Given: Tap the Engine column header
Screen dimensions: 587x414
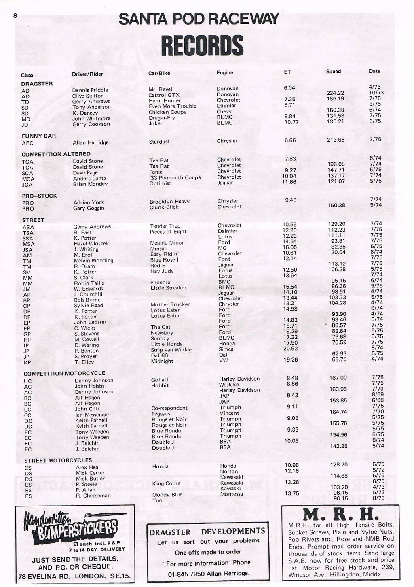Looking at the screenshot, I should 225,72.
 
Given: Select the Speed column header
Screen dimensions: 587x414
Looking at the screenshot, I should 334,71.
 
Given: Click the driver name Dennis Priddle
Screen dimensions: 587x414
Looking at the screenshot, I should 90,90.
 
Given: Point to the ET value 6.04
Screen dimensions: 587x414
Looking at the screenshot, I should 289,87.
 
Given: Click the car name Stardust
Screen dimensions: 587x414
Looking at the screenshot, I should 159,142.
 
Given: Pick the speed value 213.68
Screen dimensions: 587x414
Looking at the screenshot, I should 336,140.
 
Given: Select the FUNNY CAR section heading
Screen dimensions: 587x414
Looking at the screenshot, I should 39,136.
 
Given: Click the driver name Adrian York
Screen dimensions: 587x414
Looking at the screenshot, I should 89,202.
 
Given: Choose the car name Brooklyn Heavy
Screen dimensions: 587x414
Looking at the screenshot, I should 169,201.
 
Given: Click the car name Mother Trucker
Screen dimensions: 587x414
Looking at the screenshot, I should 170,304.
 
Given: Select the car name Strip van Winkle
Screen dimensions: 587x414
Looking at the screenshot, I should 171,350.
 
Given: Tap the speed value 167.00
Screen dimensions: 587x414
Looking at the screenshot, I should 338,378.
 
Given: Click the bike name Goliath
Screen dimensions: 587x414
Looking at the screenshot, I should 160,380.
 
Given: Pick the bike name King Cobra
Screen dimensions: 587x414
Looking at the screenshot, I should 166,483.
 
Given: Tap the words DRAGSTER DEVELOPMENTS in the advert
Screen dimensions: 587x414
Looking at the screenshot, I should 207,531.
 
